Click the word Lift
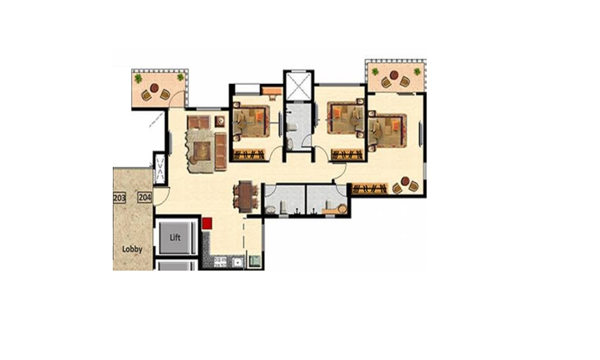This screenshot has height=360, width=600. pyautogui.click(x=175, y=238)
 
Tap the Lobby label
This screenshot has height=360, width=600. pyautogui.click(x=132, y=250)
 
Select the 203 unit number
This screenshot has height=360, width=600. pyautogui.click(x=119, y=198)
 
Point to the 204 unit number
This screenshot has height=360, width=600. pyautogui.click(x=145, y=197)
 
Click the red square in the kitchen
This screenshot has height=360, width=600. pyautogui.click(x=207, y=223)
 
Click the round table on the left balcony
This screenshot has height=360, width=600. pyautogui.click(x=154, y=88)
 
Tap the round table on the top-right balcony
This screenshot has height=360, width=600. pyautogui.click(x=394, y=75)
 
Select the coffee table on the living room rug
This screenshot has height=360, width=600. pyautogui.click(x=202, y=151)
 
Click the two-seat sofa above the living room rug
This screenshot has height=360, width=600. pyautogui.click(x=199, y=122)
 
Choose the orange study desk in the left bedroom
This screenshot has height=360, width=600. pyautogui.click(x=271, y=91)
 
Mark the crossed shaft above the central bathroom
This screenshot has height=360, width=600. pyautogui.click(x=298, y=86)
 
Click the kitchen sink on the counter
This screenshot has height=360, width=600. pyautogui.click(x=238, y=262)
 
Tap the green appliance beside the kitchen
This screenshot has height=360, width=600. pyautogui.click(x=254, y=261)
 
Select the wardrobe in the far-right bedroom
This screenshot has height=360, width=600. pyautogui.click(x=370, y=189)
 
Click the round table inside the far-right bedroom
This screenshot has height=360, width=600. pyautogui.click(x=405, y=181)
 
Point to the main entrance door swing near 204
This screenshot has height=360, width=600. pyautogui.click(x=162, y=196)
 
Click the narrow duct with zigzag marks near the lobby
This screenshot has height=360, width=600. pyautogui.click(x=160, y=168)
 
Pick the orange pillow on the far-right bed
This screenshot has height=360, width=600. pyautogui.click(x=395, y=125)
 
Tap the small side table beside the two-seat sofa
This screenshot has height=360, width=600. pyautogui.click(x=220, y=121)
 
